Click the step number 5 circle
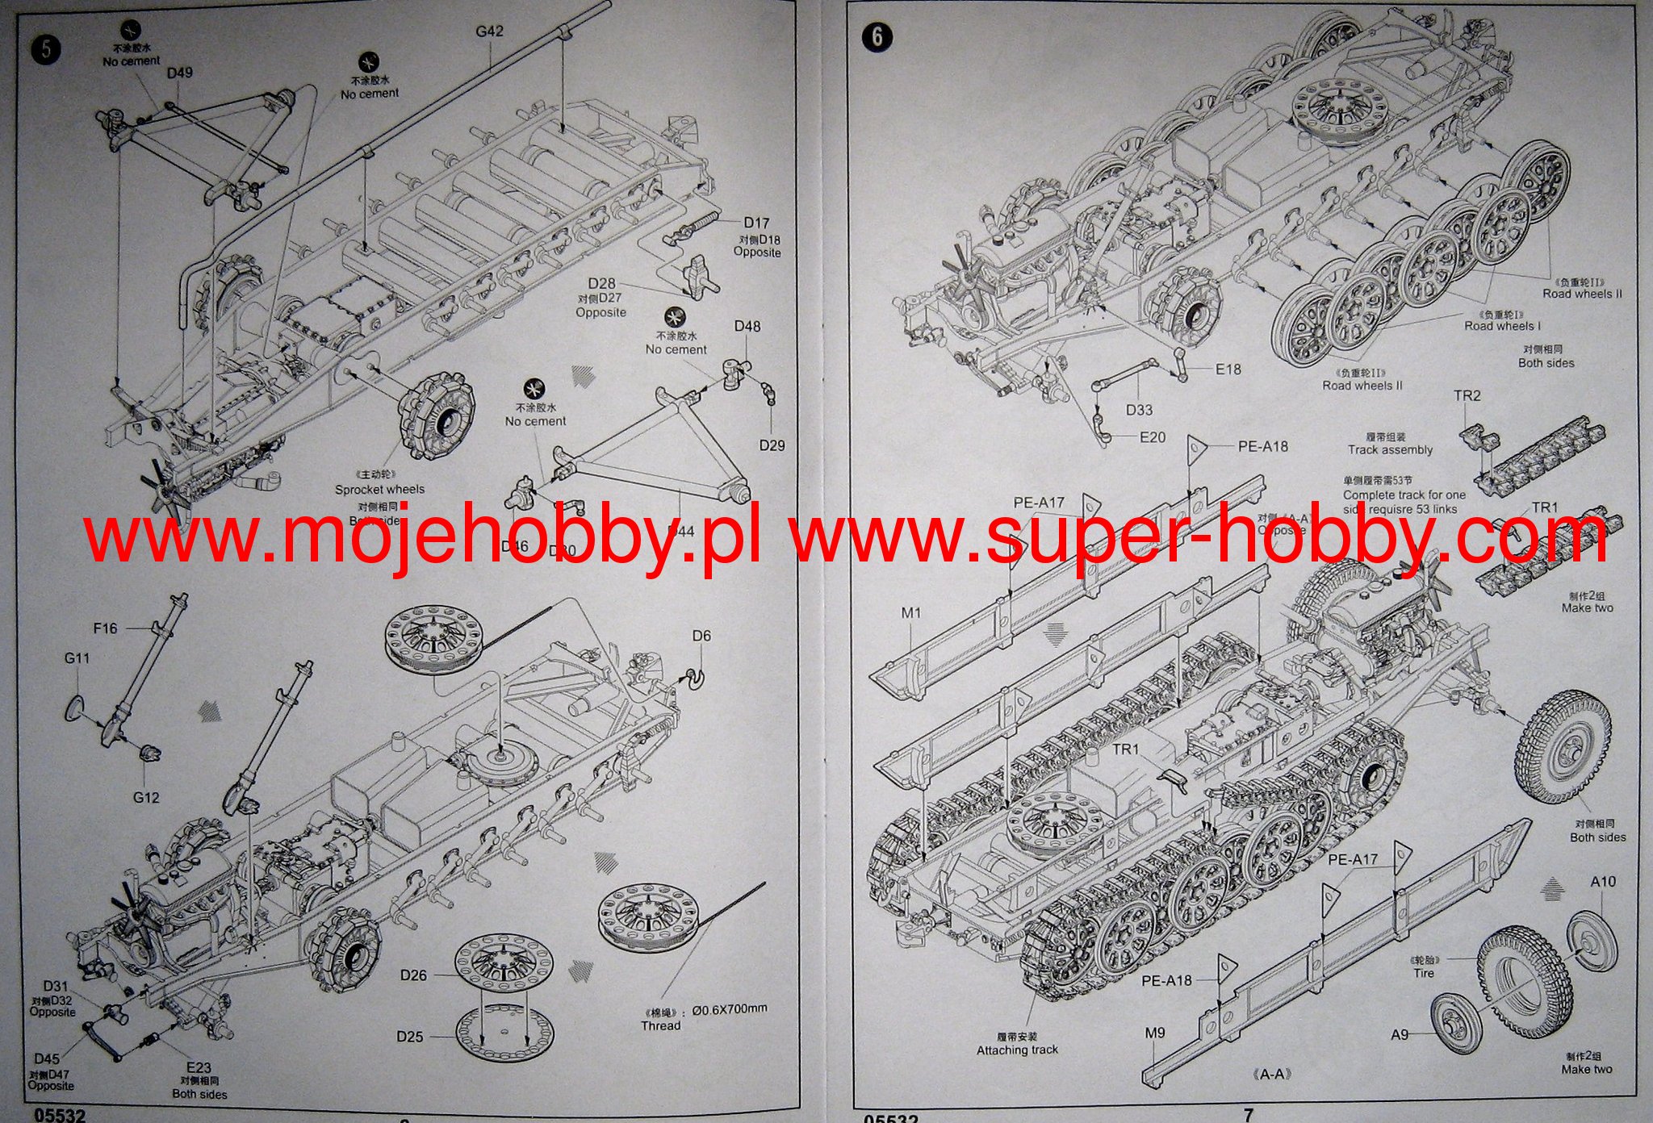(x=45, y=48)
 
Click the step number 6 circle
(x=877, y=37)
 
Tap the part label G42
(x=489, y=31)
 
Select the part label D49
(x=179, y=73)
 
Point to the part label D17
(x=756, y=223)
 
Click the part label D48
(x=747, y=327)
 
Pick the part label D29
(x=772, y=445)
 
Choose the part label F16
(x=105, y=628)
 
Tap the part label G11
(x=77, y=658)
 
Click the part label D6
(x=701, y=636)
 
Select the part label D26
(x=413, y=975)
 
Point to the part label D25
(x=409, y=1037)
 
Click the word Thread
(x=660, y=1026)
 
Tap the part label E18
(x=1228, y=369)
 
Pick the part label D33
(x=1139, y=410)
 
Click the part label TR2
(x=1467, y=396)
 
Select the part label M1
(x=910, y=613)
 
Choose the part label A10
(x=1603, y=882)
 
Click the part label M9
(x=1154, y=1033)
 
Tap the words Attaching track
(x=1017, y=1050)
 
